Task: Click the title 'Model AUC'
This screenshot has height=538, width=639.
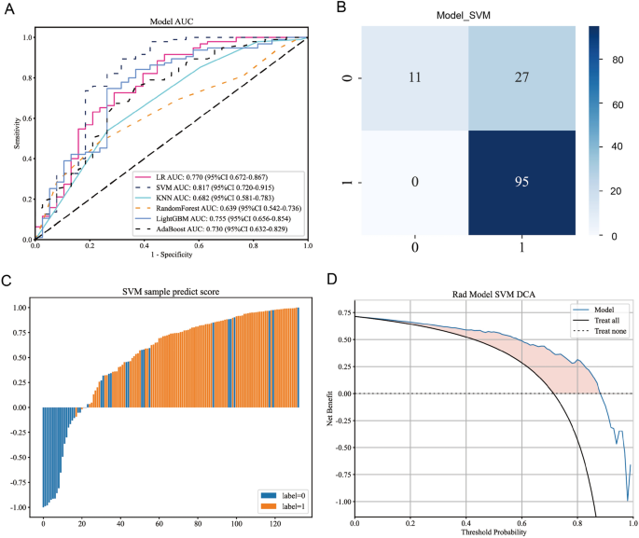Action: (171, 20)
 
